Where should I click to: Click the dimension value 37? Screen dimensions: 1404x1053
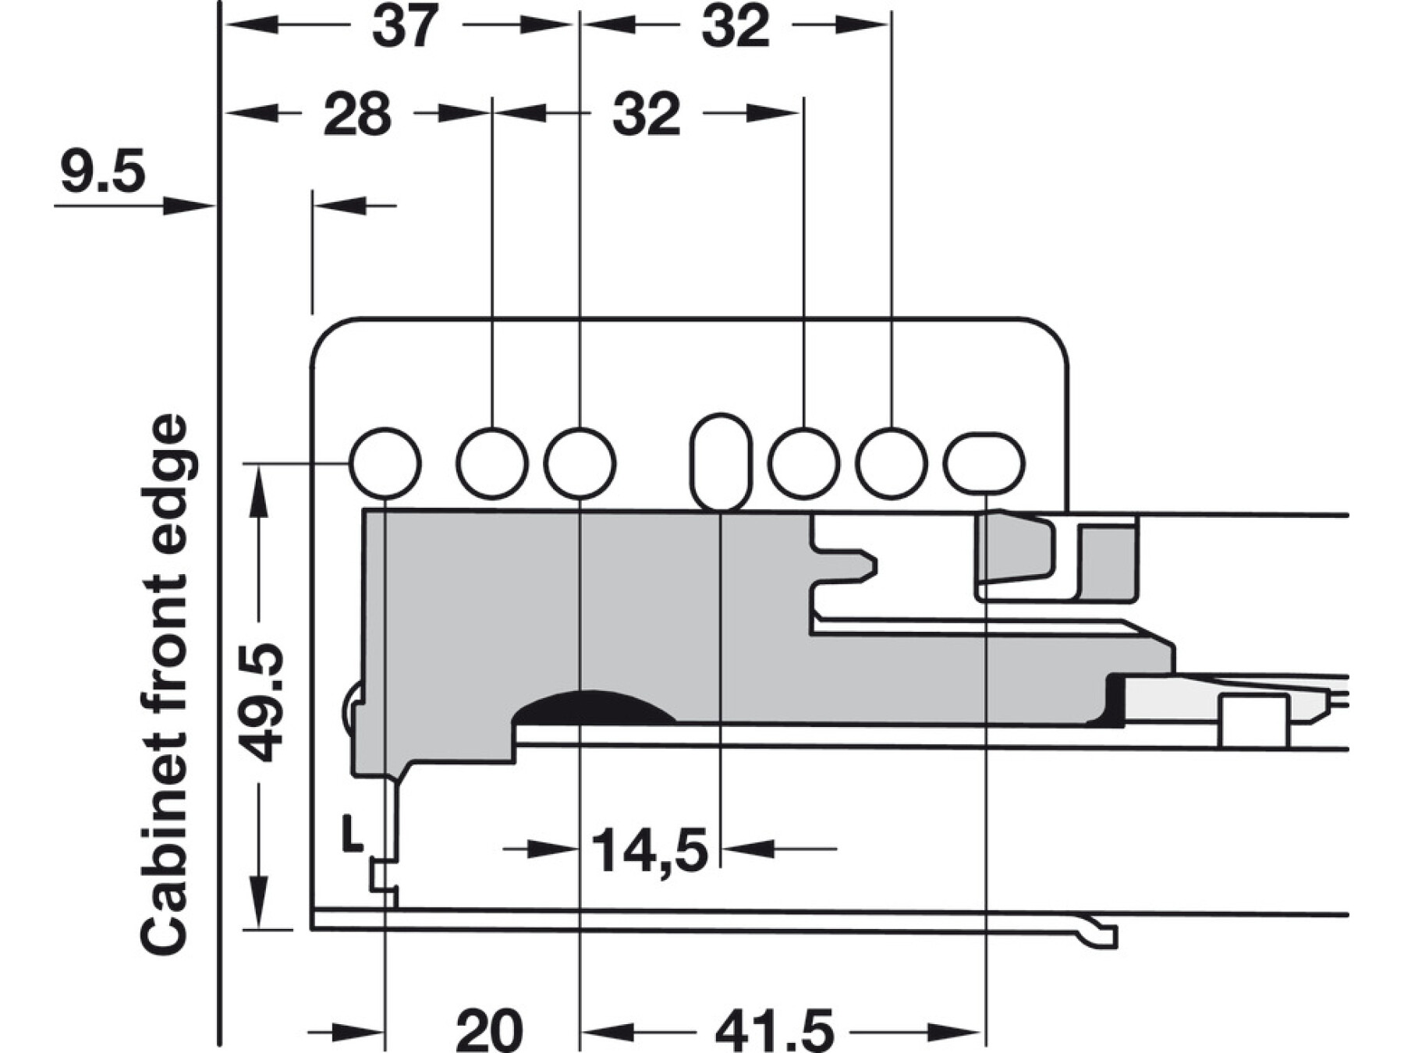click(405, 27)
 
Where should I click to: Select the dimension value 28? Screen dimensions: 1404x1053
click(357, 115)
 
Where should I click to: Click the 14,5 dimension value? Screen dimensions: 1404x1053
click(650, 851)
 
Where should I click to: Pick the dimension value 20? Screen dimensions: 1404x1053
click(489, 1030)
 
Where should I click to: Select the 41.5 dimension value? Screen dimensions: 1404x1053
click(774, 1030)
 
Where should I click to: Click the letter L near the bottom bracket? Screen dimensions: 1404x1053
click(353, 833)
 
